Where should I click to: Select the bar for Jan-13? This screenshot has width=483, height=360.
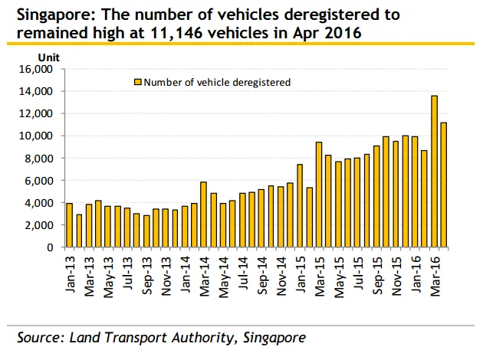click(69, 225)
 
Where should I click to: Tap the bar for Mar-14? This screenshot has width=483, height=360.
click(203, 214)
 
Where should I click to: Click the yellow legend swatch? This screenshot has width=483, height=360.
click(138, 82)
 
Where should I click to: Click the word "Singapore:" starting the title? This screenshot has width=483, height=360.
click(54, 15)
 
